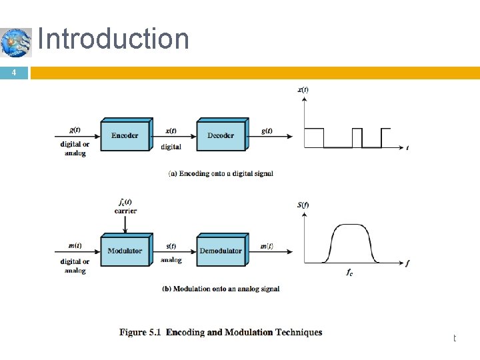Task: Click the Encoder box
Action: click(125, 136)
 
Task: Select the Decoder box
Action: click(221, 136)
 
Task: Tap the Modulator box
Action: click(125, 251)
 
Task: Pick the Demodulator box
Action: click(221, 251)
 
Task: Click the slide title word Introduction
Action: click(113, 39)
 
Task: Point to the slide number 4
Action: click(14, 73)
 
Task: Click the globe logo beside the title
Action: click(16, 43)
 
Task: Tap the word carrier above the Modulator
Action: click(125, 211)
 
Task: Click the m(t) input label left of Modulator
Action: click(75, 245)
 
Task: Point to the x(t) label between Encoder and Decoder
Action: click(171, 131)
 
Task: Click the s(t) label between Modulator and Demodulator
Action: click(171, 246)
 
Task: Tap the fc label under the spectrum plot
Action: click(349, 273)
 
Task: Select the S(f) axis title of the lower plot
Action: click(302, 205)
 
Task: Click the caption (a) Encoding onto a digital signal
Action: click(221, 173)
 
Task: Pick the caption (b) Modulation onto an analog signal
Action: click(221, 289)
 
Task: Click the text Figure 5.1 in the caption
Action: click(141, 332)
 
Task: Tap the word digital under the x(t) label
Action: click(171, 147)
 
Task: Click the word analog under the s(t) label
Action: click(171, 260)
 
